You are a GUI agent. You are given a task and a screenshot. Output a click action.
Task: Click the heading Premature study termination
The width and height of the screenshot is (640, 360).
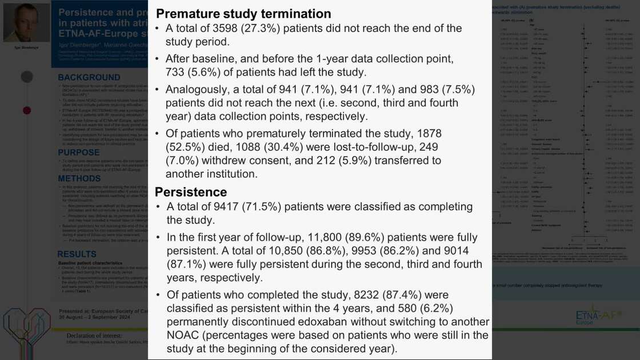243,14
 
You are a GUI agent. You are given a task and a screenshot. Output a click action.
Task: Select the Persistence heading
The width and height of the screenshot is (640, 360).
191,192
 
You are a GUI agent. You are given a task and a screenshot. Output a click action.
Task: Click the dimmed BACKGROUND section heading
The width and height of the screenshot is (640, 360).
89,78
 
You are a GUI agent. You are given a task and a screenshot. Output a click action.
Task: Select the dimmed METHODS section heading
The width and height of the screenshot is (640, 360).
79,179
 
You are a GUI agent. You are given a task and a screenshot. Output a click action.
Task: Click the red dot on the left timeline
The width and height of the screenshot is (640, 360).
27,110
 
